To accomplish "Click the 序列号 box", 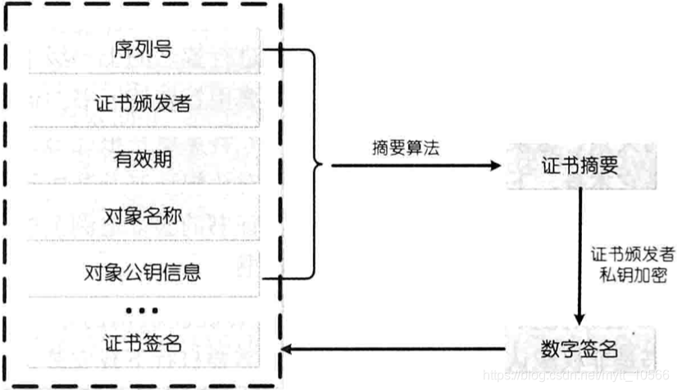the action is (143, 50).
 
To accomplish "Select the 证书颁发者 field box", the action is (143, 105).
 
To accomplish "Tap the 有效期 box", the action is (143, 160).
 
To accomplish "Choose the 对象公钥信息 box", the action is (143, 270).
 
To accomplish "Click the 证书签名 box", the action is (143, 343).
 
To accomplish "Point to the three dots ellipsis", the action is (143, 311).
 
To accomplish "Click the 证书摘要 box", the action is (580, 166).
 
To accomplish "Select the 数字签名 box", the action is (580, 350).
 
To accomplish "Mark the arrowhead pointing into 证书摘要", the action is (493, 166).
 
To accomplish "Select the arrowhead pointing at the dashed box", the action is (286, 351).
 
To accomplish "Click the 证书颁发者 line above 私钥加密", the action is (634, 253).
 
